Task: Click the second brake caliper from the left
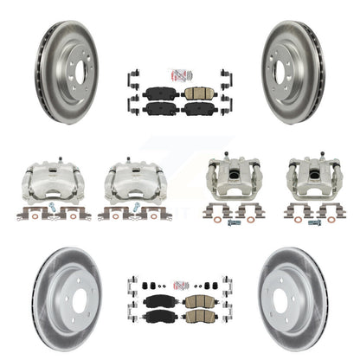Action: tap(129, 184)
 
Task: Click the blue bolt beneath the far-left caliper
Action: tap(52, 211)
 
